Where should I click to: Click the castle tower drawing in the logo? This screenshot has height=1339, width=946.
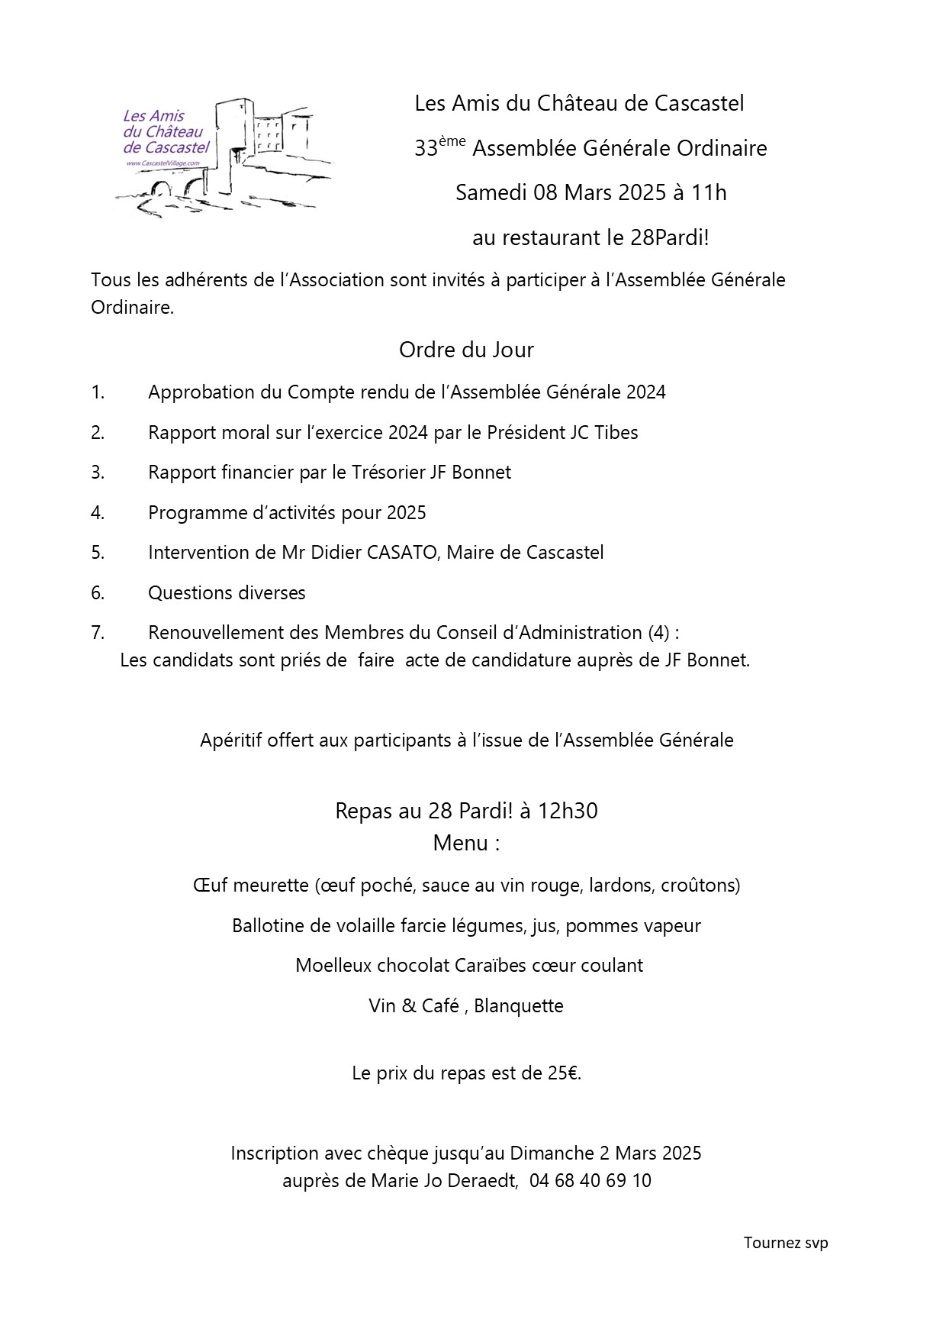(x=235, y=141)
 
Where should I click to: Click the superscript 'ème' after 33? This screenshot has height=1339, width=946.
(x=452, y=141)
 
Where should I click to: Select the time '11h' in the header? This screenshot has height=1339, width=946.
(x=709, y=192)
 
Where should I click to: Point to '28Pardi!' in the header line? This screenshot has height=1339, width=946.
(x=670, y=237)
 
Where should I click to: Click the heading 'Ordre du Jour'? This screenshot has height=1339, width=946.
(x=466, y=350)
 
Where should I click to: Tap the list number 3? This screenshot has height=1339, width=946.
(x=97, y=473)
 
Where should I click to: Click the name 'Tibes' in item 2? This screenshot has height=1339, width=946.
(x=616, y=432)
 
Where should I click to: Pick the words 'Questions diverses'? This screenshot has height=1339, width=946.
(x=227, y=592)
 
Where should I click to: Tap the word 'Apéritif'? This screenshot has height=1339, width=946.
(x=230, y=740)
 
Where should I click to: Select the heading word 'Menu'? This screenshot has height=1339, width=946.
(x=461, y=843)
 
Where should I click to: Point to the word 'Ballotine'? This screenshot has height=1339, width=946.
(x=267, y=925)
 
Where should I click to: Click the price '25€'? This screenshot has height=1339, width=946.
(x=562, y=1073)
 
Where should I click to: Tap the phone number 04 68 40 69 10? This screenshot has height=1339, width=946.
(x=590, y=1181)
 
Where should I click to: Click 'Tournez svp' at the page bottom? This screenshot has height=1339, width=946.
(x=786, y=1242)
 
